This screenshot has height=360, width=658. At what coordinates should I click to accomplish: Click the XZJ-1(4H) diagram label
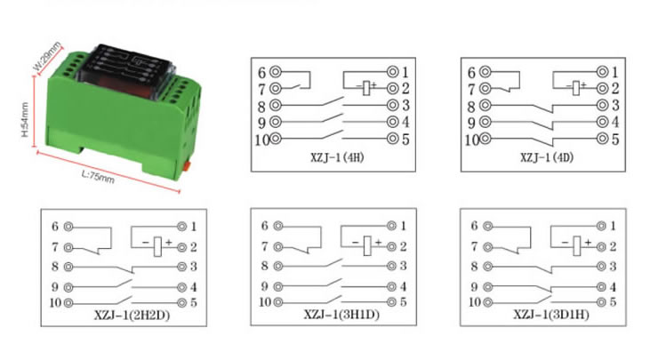[x=337, y=157]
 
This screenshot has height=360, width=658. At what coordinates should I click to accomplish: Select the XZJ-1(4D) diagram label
[x=547, y=157]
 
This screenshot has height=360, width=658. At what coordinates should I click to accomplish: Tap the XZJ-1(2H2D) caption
[x=132, y=315]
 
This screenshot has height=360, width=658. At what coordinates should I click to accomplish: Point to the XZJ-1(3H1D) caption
[x=341, y=315]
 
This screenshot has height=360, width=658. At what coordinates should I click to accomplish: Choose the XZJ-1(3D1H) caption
[x=551, y=315]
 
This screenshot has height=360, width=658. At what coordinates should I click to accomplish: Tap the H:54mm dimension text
[x=25, y=120]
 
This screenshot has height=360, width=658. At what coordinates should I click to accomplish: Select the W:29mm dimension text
[x=47, y=56]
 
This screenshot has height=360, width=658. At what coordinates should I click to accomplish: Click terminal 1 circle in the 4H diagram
[x=393, y=72]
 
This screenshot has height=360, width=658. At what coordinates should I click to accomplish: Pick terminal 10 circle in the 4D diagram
[x=485, y=139]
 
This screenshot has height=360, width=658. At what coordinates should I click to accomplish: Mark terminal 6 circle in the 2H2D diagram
[x=68, y=227]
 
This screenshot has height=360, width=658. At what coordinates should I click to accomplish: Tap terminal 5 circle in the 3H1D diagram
[x=391, y=302]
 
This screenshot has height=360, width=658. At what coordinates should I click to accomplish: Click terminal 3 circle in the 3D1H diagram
[x=601, y=266]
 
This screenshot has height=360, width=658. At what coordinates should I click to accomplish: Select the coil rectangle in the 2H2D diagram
[x=157, y=246]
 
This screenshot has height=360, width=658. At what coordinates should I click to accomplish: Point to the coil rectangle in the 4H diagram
[x=366, y=88]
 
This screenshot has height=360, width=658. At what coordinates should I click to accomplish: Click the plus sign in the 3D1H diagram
[x=588, y=242]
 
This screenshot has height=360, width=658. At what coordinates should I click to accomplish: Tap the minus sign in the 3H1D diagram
[x=355, y=243]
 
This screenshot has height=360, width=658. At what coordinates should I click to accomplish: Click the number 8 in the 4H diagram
[x=261, y=107]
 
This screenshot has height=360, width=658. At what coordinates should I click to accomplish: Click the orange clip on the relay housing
[x=188, y=165]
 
